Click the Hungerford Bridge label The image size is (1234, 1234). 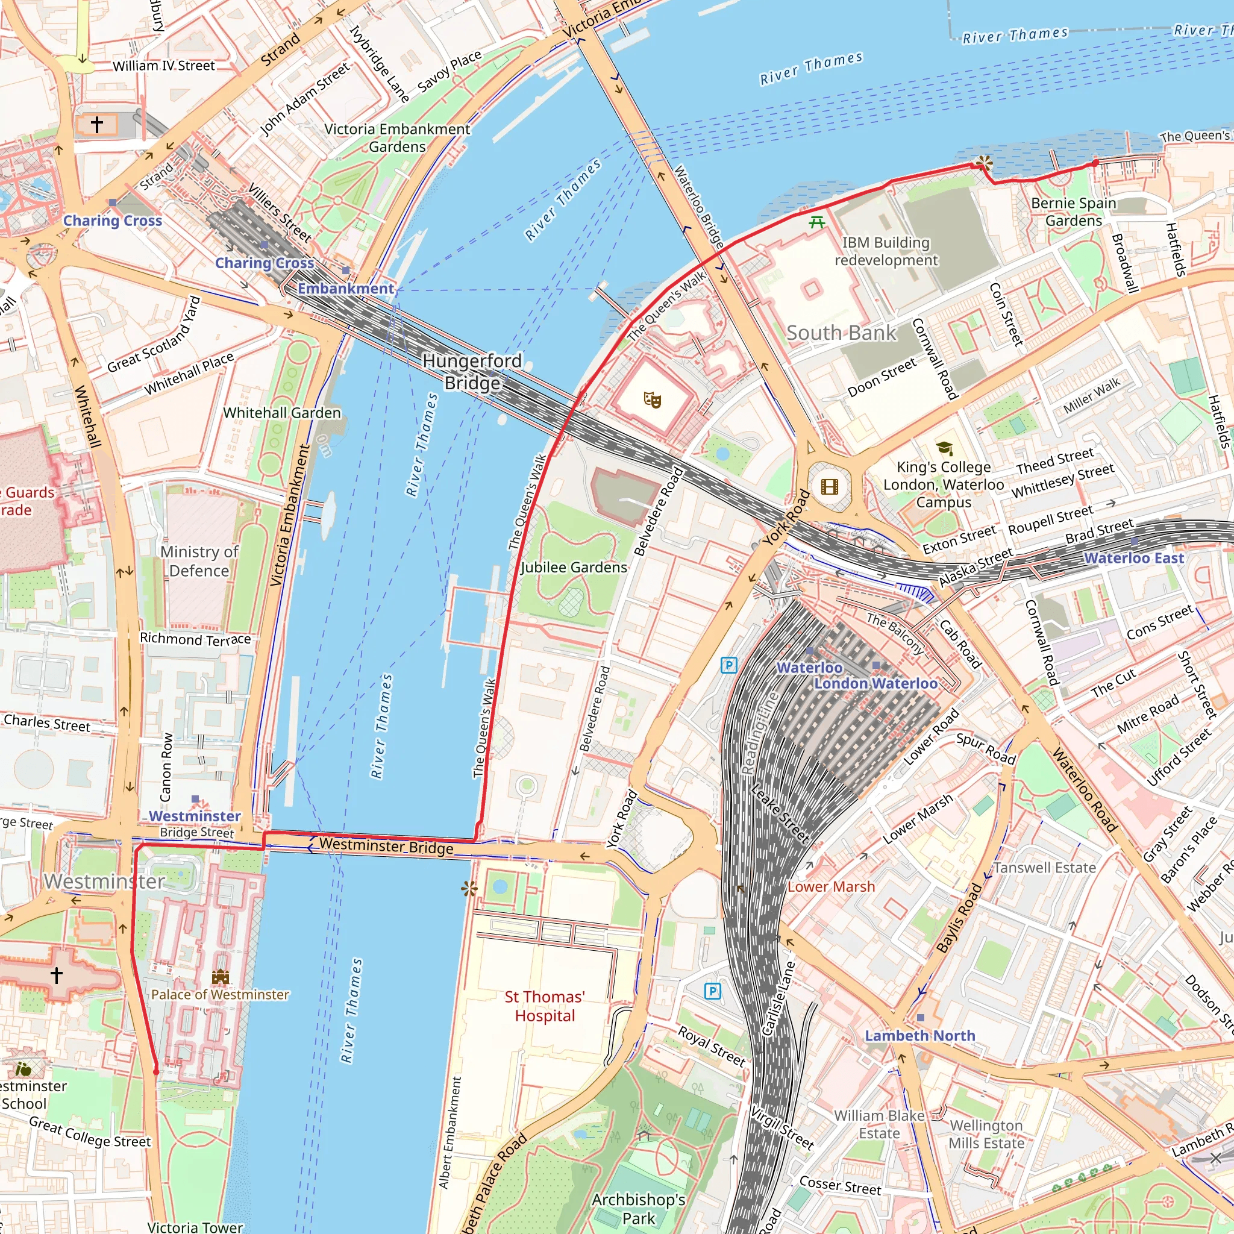pos(472,372)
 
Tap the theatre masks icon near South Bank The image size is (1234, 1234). pos(652,400)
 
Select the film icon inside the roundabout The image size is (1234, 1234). pos(829,487)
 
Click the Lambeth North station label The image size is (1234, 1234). pos(919,1035)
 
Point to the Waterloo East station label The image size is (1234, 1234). pos(1134,557)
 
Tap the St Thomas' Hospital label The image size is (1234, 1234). pos(545,1006)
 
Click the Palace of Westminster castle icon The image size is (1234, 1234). pos(221,977)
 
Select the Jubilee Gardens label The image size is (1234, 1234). pos(574,567)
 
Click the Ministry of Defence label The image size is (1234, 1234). pos(199,561)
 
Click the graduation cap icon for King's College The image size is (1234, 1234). pos(944,448)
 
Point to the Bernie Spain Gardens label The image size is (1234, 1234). pos(1074,211)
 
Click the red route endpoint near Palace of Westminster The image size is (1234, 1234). pos(156,1071)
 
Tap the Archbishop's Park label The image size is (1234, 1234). pos(638,1209)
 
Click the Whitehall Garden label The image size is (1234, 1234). pos(281,413)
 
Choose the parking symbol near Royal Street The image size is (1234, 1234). pos(713,991)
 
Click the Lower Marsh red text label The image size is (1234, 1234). pos(830,886)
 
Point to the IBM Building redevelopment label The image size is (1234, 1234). pos(885,251)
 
